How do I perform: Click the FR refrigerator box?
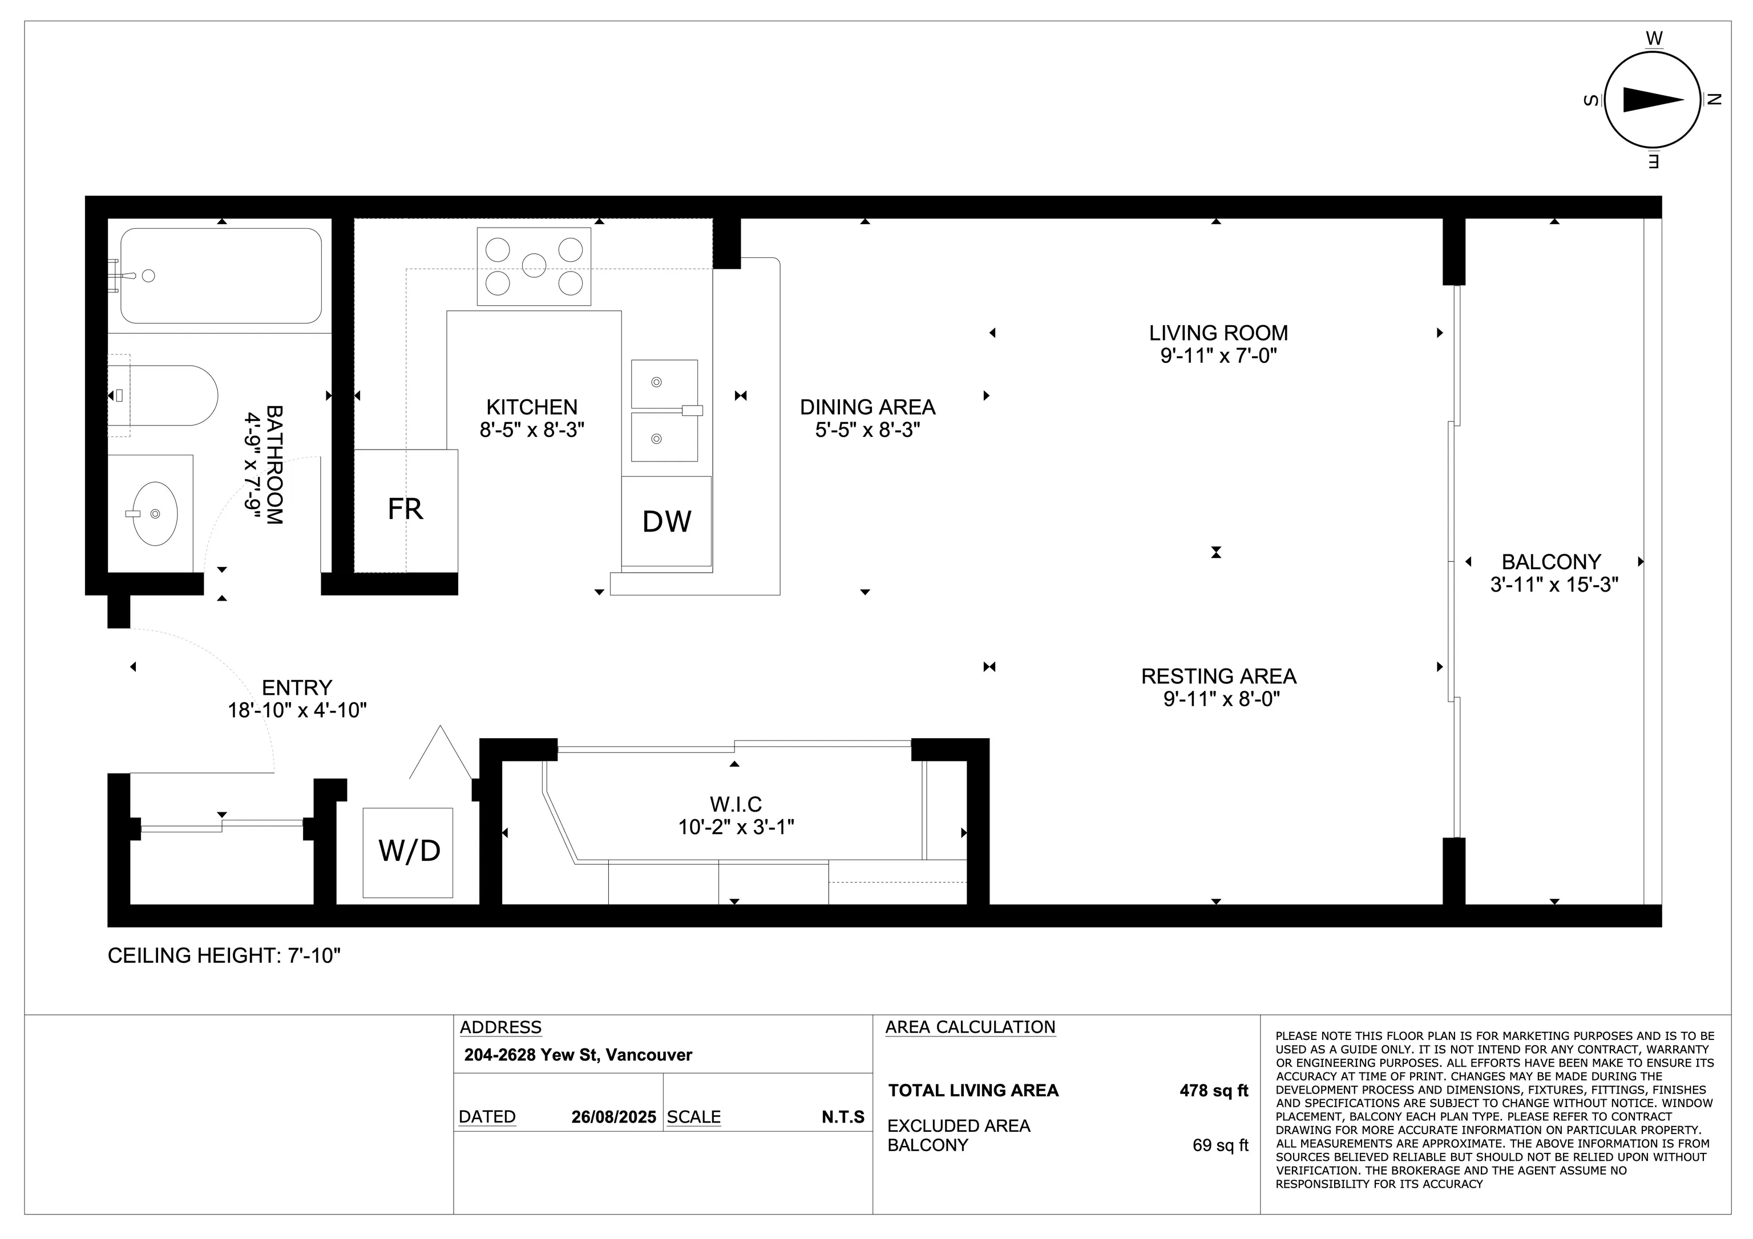tap(405, 510)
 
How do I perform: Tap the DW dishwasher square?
tap(667, 521)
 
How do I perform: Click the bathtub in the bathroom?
tap(221, 276)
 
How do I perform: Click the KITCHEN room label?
tap(532, 407)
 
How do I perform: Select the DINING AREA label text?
tap(867, 407)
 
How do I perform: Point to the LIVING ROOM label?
tap(1218, 333)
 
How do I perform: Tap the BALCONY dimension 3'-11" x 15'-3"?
tap(1554, 585)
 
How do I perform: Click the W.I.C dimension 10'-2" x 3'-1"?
tap(736, 827)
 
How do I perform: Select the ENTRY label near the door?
tap(297, 688)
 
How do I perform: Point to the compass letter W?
tap(1654, 38)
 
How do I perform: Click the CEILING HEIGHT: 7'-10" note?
tap(224, 956)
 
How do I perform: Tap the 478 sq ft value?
tap(1213, 1091)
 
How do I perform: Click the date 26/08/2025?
tap(614, 1117)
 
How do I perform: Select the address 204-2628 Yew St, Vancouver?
tap(578, 1055)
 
